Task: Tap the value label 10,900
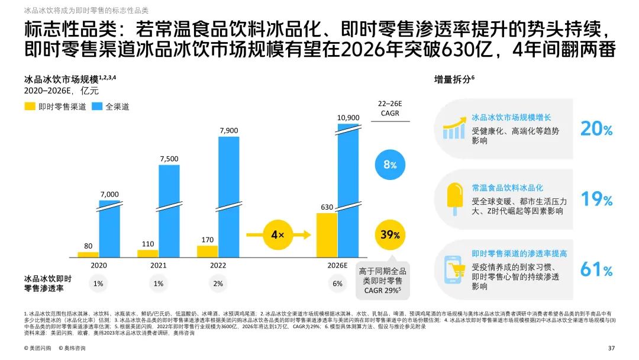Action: click(x=348, y=117)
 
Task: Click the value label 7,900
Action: click(x=229, y=130)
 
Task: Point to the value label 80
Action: click(x=88, y=245)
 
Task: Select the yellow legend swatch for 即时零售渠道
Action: click(x=30, y=107)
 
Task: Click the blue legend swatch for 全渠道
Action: click(x=97, y=107)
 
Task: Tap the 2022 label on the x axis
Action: click(x=218, y=265)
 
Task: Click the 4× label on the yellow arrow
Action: click(x=277, y=234)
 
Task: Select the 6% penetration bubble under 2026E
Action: click(x=337, y=284)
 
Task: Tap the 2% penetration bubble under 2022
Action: click(x=218, y=284)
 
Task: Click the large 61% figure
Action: click(x=596, y=269)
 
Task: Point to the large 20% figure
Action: click(x=596, y=128)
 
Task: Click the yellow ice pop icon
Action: click(x=455, y=198)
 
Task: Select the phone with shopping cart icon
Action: click(x=454, y=270)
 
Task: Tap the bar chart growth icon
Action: click(x=454, y=128)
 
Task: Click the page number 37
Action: click(x=612, y=348)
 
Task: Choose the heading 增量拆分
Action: click(x=453, y=79)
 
